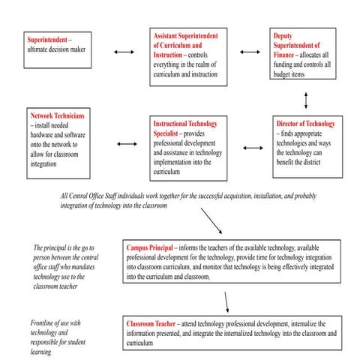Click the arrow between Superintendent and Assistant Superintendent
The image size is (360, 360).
[123, 52]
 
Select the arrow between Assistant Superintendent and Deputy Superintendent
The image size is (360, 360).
[250, 52]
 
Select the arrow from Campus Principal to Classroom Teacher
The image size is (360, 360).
[226, 301]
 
